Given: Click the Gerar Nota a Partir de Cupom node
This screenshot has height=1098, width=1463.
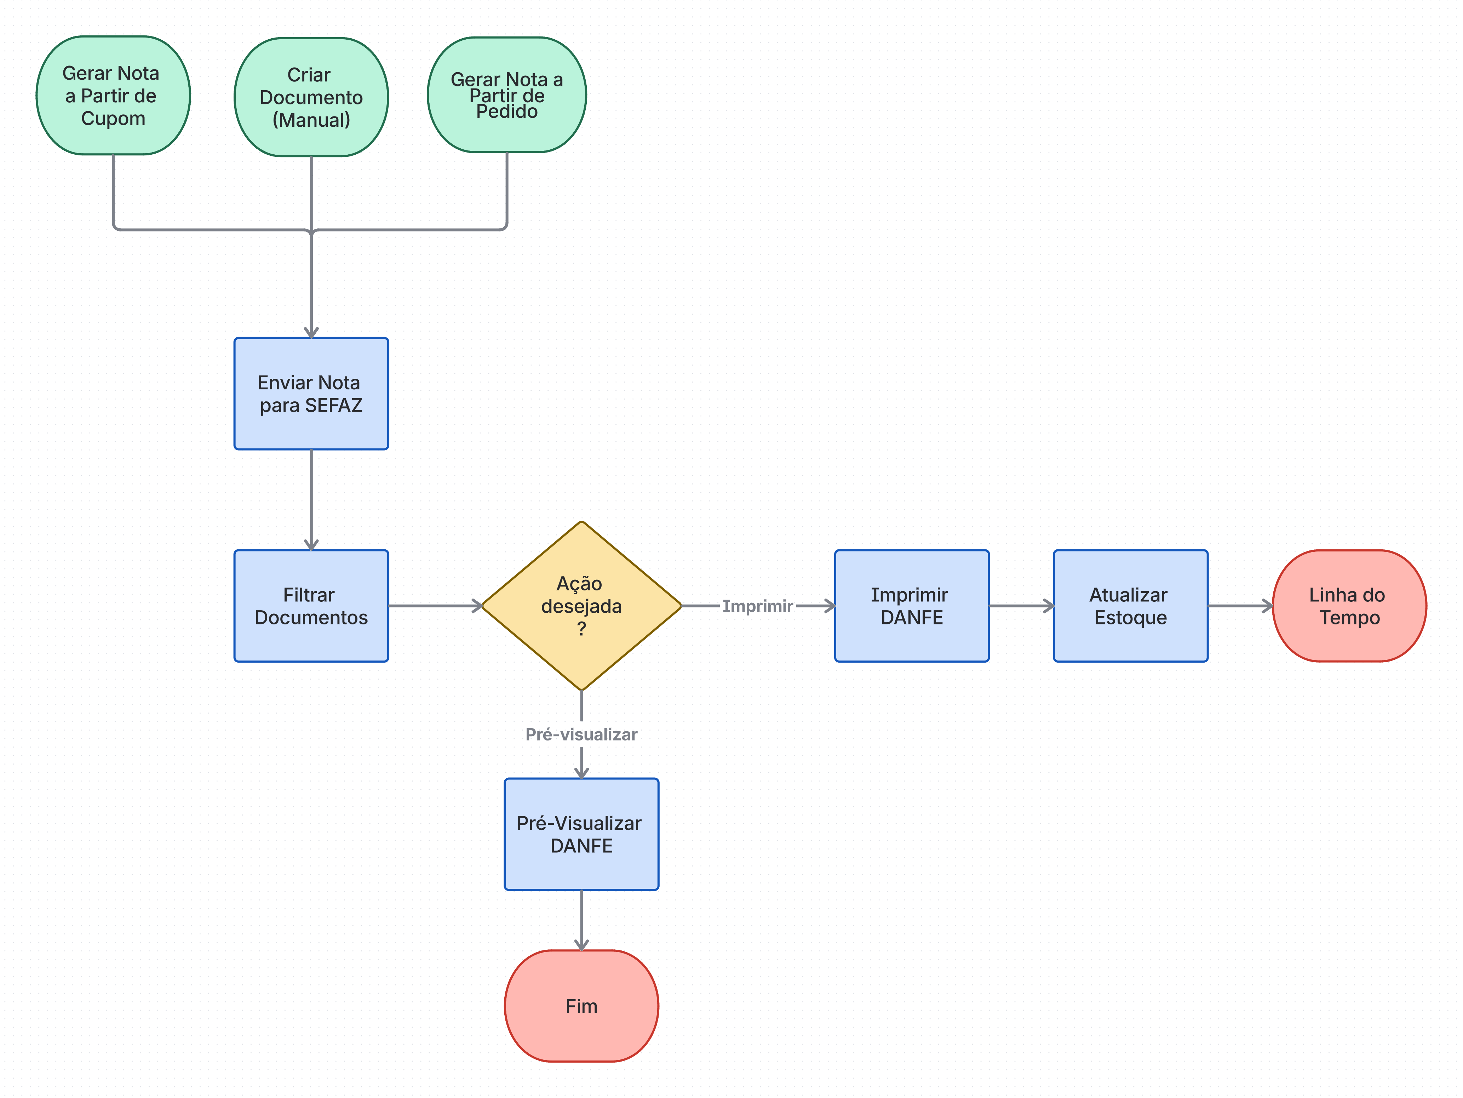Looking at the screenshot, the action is point(113,95).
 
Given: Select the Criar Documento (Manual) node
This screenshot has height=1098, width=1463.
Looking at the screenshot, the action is point(311,97).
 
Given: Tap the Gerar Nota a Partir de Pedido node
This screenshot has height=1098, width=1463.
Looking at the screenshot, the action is point(507,95).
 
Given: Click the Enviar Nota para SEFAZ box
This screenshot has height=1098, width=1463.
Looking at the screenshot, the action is point(311,394).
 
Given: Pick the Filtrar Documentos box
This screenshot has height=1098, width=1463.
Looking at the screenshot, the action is point(311,606).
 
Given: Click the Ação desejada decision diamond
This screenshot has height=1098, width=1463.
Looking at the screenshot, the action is point(581,606).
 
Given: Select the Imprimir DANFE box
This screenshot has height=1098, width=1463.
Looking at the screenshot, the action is point(911,606).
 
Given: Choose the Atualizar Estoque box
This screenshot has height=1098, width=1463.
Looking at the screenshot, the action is point(1130,606).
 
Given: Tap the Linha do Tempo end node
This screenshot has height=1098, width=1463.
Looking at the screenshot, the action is point(1349,606).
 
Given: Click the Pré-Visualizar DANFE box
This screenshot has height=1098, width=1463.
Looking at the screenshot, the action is point(581,834).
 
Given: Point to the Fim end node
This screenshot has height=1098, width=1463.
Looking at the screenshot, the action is point(581,1006).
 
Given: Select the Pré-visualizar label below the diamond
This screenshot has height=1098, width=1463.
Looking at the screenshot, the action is point(581,734).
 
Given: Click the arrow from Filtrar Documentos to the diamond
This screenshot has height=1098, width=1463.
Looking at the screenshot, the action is point(435,606).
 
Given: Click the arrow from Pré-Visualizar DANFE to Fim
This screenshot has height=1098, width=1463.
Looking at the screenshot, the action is point(581,920).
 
